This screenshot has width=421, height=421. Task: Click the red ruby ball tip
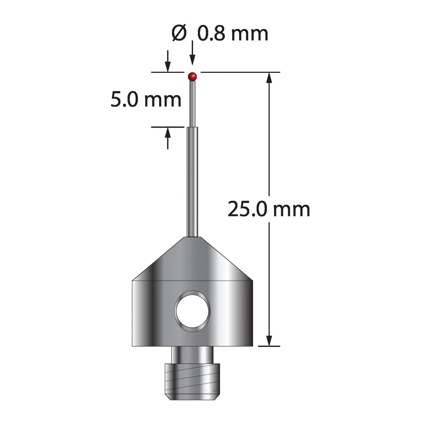(x=192, y=76)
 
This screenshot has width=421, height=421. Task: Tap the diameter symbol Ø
(x=179, y=33)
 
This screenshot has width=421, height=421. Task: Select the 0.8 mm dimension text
(x=233, y=34)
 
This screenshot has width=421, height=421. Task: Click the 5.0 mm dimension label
(x=146, y=100)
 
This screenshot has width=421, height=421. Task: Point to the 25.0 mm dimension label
(x=269, y=209)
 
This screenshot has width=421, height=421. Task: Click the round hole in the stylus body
(x=192, y=311)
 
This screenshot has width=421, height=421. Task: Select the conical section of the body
(x=192, y=258)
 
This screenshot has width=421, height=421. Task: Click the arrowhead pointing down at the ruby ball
(x=192, y=59)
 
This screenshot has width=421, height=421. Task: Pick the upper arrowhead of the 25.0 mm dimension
(x=269, y=78)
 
